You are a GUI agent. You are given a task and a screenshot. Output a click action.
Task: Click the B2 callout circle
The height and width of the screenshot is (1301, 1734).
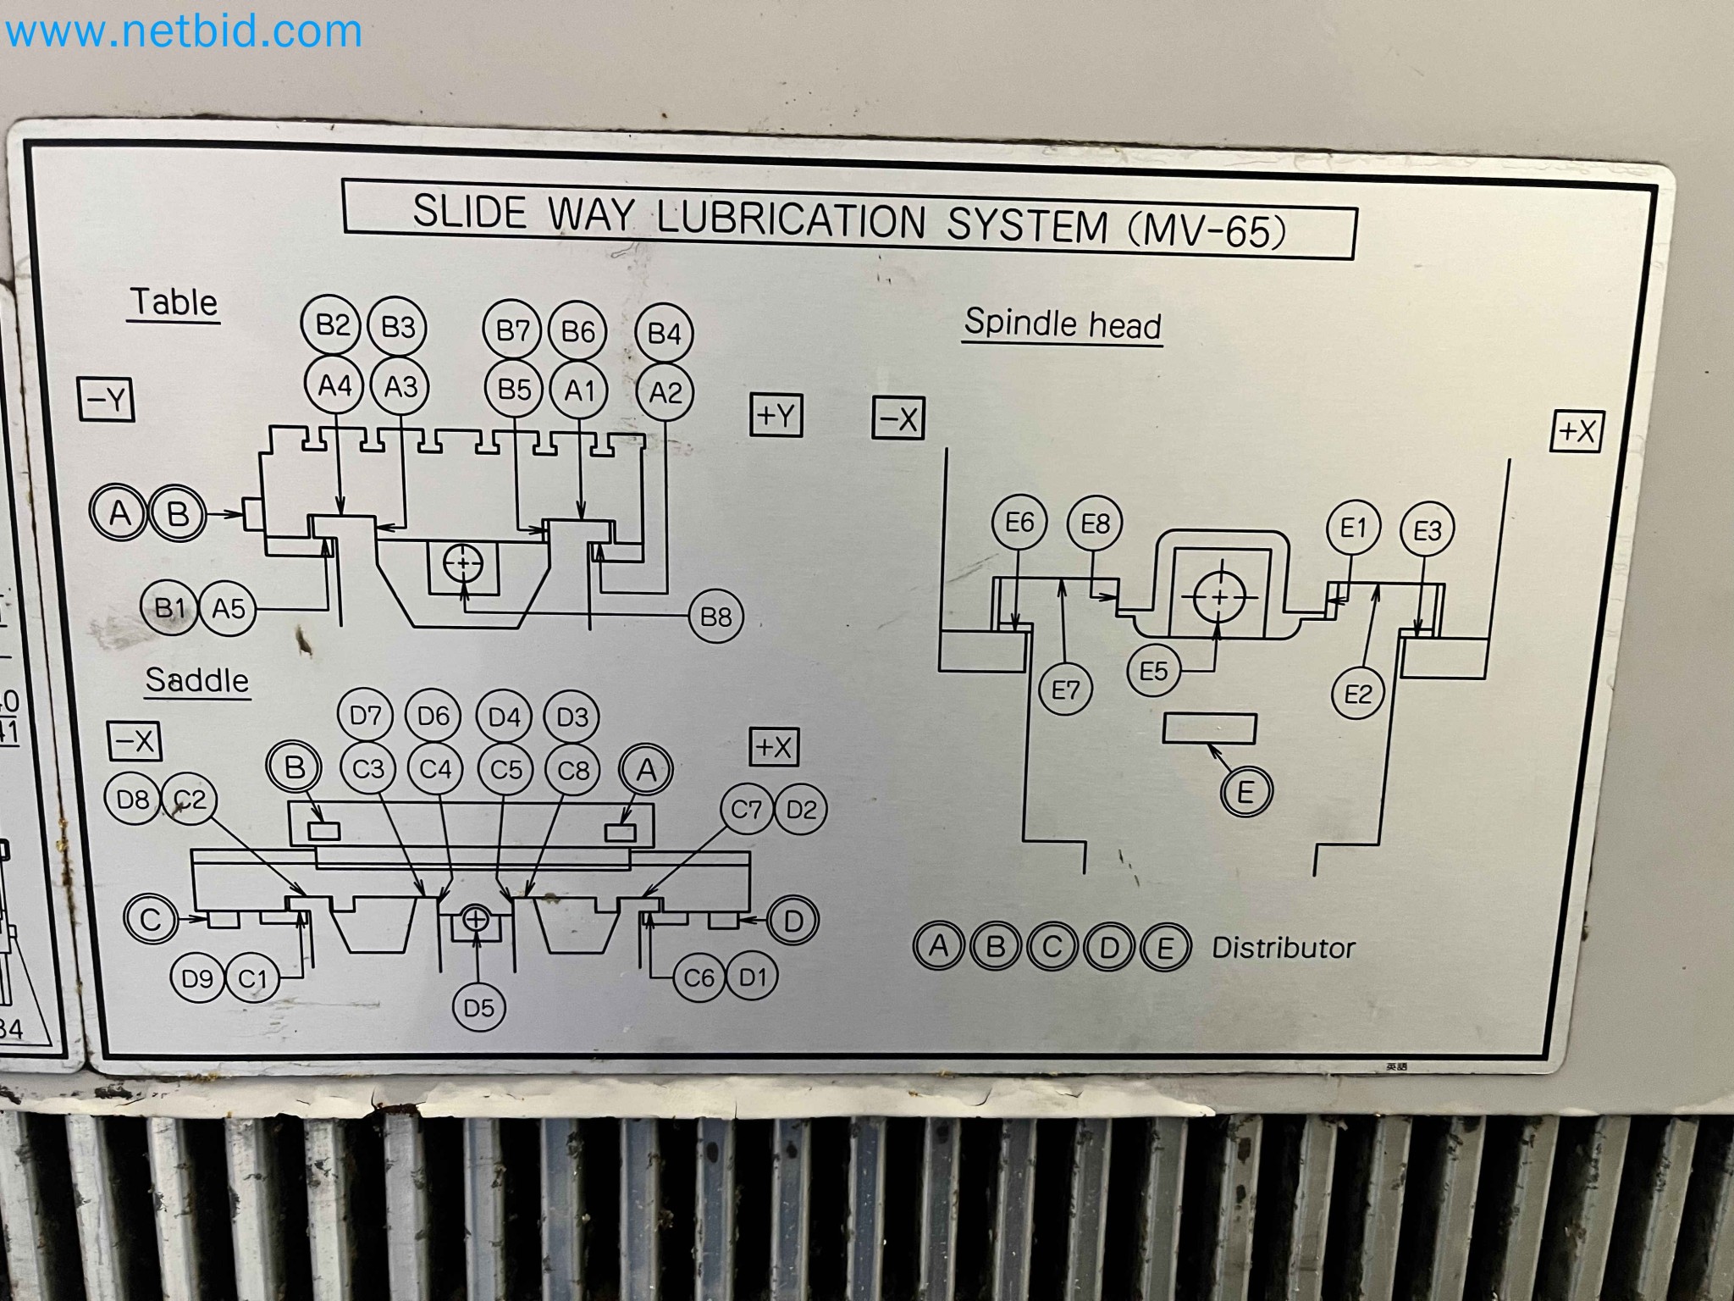331,324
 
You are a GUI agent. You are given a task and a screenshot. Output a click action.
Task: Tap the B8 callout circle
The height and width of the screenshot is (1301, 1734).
715,616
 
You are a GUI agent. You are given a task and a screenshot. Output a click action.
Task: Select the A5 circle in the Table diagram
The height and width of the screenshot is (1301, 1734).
228,608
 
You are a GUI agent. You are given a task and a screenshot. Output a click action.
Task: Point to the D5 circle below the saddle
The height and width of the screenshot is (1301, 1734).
478,1007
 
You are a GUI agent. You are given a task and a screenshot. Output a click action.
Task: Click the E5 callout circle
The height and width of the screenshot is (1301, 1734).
1153,671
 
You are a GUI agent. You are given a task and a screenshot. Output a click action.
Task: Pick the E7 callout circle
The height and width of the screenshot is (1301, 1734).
1065,690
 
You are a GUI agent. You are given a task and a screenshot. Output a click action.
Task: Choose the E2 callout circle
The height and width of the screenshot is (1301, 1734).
1357,694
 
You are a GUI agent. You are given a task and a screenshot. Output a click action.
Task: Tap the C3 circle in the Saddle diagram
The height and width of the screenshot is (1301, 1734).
367,769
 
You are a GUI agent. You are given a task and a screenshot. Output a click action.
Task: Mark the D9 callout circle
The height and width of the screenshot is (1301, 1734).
197,978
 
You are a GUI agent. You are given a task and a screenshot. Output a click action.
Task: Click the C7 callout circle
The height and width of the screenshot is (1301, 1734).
746,810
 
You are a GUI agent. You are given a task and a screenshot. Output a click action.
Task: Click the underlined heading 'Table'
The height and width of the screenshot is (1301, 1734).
174,302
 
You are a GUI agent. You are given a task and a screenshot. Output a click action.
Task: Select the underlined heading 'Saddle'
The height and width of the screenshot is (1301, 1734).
196,680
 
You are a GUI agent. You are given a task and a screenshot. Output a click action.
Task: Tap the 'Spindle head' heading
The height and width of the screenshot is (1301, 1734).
1063,324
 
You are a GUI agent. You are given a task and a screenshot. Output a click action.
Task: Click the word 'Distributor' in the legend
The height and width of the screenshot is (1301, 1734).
1283,947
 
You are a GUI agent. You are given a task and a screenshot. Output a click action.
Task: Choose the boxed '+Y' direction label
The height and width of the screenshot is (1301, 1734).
776,415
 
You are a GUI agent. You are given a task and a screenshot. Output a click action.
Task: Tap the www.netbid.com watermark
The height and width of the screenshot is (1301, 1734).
183,32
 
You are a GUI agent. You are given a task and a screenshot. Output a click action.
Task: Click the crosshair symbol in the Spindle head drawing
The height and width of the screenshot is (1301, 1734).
1219,597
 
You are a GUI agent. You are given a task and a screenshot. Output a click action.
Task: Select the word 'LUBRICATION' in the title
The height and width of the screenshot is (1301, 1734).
791,219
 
